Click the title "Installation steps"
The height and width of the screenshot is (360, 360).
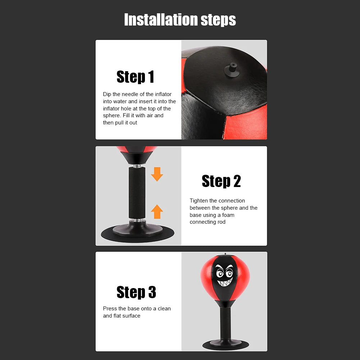coord(180,20)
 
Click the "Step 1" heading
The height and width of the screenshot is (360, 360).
coord(135,77)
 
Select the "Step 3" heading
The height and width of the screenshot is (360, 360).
coord(136,292)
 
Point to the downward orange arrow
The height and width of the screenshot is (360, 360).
coord(157,174)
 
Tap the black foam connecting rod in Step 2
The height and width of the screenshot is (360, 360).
coord(137,193)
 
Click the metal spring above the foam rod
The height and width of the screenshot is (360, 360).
coord(137,166)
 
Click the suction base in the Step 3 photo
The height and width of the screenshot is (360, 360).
coord(225,344)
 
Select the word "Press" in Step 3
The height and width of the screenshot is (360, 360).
coord(110,309)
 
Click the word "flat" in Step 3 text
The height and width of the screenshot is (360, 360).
coord(118,316)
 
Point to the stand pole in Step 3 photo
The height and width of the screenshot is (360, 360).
coord(225,322)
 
